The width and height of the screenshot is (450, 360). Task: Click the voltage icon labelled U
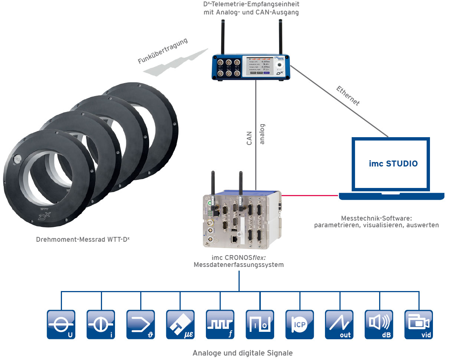click(61, 324)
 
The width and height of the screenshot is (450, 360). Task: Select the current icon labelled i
click(101, 324)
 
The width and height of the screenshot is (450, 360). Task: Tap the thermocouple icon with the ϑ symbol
click(140, 324)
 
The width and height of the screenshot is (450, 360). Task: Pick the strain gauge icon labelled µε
click(180, 324)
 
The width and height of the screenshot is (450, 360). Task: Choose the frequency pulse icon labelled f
click(220, 324)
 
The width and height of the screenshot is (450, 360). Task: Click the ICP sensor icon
click(299, 324)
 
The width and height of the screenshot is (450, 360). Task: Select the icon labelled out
click(339, 324)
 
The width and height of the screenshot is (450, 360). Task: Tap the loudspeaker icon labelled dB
click(379, 324)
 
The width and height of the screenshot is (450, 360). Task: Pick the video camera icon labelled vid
click(418, 324)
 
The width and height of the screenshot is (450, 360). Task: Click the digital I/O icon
click(260, 324)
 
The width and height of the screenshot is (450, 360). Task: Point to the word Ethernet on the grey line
click(348, 96)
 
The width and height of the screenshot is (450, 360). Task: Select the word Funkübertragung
click(163, 51)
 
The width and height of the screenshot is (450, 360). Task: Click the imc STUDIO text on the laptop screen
click(393, 164)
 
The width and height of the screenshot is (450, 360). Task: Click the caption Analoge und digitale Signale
click(243, 353)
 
